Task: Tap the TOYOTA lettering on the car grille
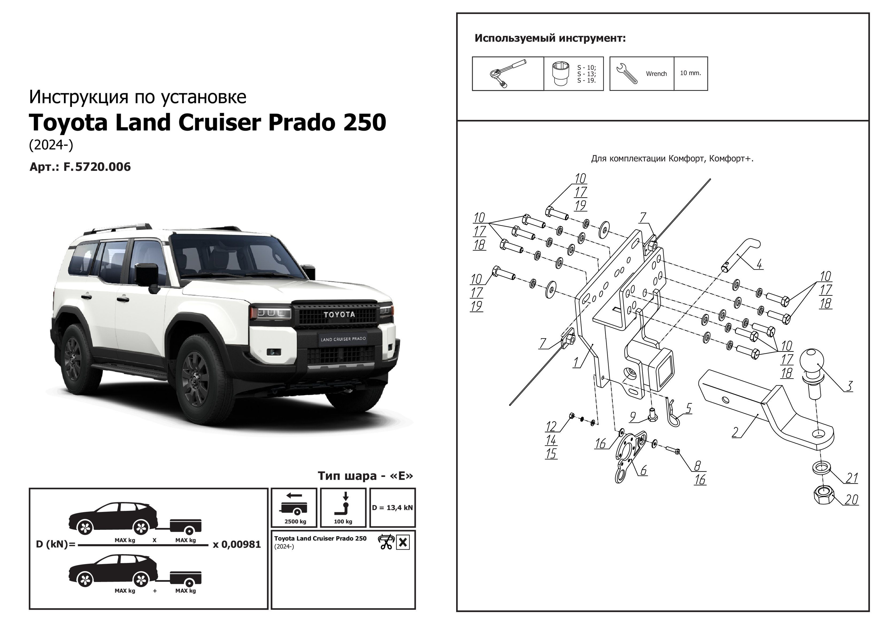tap(339, 315)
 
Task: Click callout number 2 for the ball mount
tap(735, 432)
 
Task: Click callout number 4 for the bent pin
tap(759, 265)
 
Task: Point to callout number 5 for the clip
tap(688, 408)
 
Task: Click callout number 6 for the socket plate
tap(643, 470)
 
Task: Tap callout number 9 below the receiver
tap(633, 417)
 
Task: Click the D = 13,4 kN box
tap(392, 507)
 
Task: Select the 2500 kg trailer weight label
tap(295, 521)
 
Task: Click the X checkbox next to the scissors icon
tap(403, 542)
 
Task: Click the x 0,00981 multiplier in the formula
tap(237, 545)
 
